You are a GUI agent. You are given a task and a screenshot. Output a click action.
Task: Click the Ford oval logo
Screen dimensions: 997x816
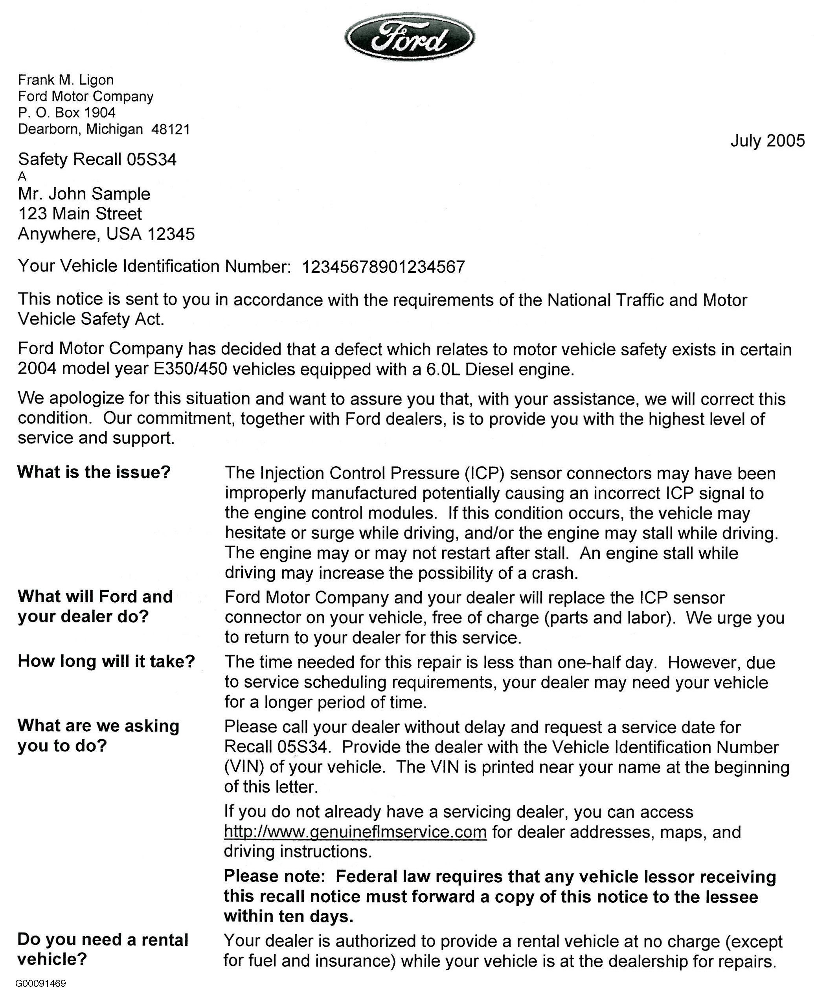[410, 37]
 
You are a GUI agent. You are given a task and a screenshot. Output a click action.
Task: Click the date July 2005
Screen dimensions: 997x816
[767, 141]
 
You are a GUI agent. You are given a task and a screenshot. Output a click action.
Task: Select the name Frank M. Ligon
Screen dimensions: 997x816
[66, 80]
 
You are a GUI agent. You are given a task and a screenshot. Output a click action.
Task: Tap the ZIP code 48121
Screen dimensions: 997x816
[171, 129]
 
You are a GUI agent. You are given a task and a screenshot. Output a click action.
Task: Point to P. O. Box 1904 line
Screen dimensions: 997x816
[67, 113]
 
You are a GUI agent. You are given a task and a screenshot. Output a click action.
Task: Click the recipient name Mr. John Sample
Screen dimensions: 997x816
[84, 194]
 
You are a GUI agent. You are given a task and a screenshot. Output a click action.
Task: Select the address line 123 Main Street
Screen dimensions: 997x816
[80, 214]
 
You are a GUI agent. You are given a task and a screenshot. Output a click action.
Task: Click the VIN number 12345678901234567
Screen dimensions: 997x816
[383, 267]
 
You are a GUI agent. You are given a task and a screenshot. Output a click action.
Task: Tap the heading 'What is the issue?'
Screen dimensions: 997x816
[94, 472]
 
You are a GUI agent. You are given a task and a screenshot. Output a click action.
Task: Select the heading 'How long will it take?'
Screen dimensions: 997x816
[106, 661]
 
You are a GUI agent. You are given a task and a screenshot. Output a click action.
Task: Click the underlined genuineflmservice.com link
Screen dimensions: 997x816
[355, 831]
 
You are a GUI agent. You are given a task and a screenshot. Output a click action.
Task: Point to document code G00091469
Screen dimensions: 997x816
[40, 983]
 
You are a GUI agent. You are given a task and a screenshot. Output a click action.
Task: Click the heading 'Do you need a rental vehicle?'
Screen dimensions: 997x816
[103, 949]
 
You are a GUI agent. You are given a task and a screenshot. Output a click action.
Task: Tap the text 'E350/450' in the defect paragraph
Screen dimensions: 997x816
[190, 369]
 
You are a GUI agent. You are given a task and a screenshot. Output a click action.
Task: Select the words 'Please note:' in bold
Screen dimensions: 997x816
[274, 876]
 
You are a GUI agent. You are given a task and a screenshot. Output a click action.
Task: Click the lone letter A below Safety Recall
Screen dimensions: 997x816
[22, 177]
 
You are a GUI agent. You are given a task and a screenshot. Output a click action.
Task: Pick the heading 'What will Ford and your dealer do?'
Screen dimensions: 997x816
[95, 606]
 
